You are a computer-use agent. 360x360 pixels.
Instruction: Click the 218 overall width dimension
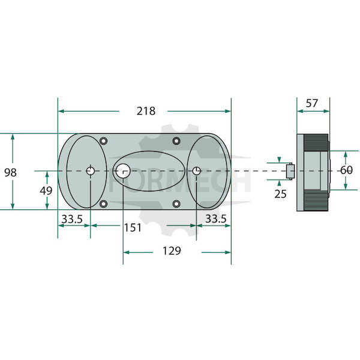pos(146,111)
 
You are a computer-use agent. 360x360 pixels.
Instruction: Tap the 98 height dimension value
pos(10,172)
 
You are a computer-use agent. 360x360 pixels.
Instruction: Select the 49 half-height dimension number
pos(46,191)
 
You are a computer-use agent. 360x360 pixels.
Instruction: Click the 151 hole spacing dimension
pos(133,228)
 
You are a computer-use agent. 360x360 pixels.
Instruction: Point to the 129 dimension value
pos(172,251)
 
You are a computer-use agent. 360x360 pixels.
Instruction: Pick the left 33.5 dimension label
pos(72,219)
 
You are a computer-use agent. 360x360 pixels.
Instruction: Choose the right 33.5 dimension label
pos(215,218)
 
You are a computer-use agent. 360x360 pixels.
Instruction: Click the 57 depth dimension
pos(311,103)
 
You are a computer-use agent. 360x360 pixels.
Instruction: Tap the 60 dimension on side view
pos(346,170)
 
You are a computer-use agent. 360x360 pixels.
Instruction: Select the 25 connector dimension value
pos(280,194)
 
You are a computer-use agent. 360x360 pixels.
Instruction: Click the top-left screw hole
pos(104,140)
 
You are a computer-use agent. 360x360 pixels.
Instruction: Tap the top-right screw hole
pos(176,140)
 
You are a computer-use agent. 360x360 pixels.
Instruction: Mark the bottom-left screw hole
pos(104,203)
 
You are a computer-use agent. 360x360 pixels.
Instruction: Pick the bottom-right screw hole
pos(176,203)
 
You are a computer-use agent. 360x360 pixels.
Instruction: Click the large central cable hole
pos(123,171)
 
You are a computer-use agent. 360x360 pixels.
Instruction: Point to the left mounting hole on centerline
pos(90,171)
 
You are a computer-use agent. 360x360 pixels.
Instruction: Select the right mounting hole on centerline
pos(196,171)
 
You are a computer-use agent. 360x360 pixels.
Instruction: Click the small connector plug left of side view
pos(290,171)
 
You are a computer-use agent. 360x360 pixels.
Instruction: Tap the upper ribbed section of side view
pos(316,142)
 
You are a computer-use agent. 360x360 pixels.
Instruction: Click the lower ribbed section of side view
pos(316,200)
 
